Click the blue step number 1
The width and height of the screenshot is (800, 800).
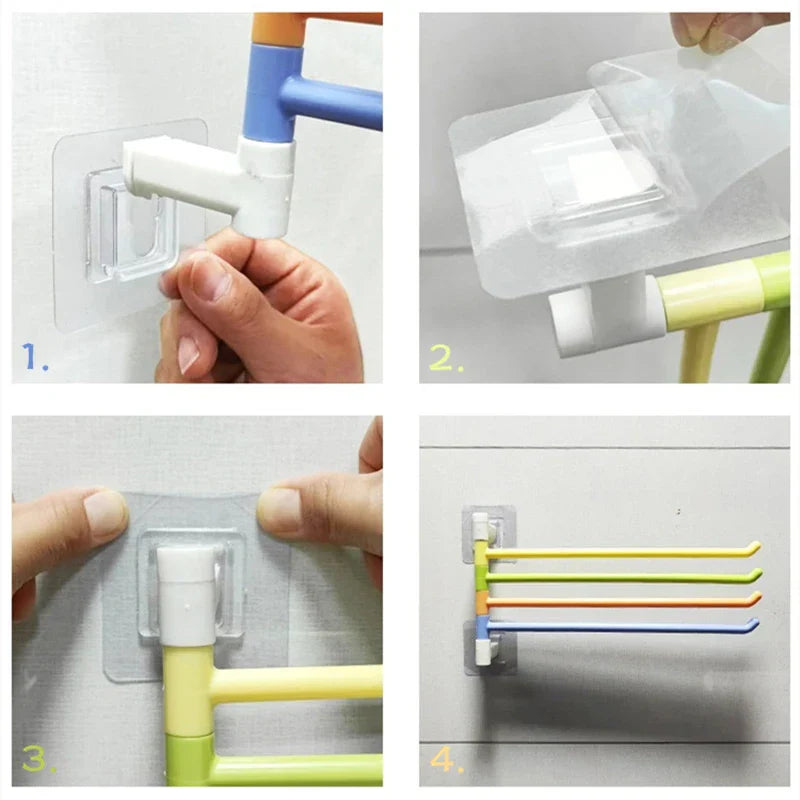click(x=34, y=356)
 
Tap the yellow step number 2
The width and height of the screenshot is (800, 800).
click(x=446, y=357)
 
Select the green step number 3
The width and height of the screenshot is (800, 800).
click(x=38, y=759)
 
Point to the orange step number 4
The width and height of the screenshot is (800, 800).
click(x=446, y=759)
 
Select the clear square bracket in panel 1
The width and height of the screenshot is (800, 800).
click(x=129, y=223)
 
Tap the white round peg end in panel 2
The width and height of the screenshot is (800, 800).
click(x=570, y=322)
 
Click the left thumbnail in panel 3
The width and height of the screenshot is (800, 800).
click(x=104, y=513)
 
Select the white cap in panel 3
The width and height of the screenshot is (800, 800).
click(x=184, y=595)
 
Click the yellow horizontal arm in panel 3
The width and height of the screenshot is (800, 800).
click(x=296, y=684)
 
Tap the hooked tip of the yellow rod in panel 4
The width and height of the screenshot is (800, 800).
click(x=755, y=547)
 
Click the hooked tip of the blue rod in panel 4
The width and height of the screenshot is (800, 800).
click(x=753, y=624)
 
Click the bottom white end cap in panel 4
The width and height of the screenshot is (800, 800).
click(x=483, y=653)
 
